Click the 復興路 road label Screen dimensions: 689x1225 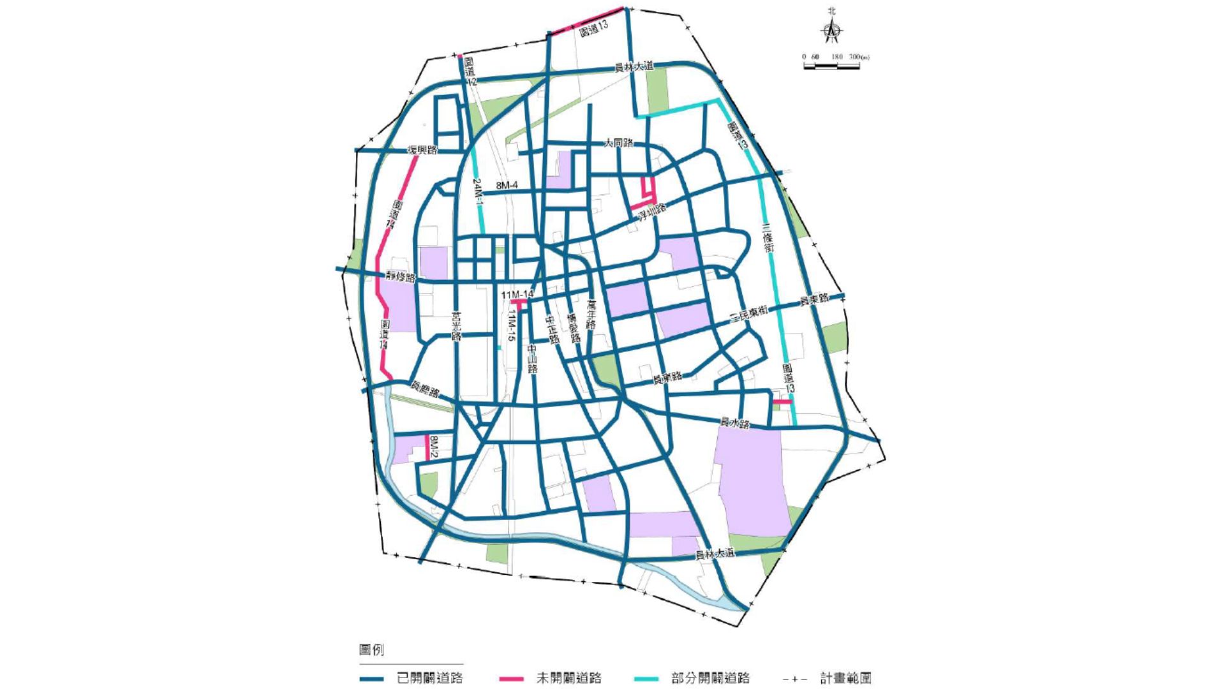click(x=423, y=151)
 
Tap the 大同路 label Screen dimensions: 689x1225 click(x=619, y=143)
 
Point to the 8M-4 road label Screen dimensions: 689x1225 click(x=507, y=186)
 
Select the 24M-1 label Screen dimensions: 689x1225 click(x=478, y=191)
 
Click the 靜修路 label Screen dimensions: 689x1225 click(x=401, y=278)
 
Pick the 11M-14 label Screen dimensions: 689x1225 click(x=516, y=295)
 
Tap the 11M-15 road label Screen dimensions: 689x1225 click(x=511, y=327)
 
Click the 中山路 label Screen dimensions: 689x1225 click(x=532, y=359)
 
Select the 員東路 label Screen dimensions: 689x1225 click(x=815, y=298)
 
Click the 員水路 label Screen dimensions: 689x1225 click(x=734, y=422)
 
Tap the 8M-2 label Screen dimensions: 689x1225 click(x=433, y=447)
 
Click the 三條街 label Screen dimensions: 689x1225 click(x=768, y=237)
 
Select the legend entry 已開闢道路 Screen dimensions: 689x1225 click(x=429, y=678)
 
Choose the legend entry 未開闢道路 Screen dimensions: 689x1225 click(x=568, y=678)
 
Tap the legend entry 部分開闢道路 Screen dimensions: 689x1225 click(x=710, y=678)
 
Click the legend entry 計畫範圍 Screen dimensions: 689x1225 click(x=845, y=678)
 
